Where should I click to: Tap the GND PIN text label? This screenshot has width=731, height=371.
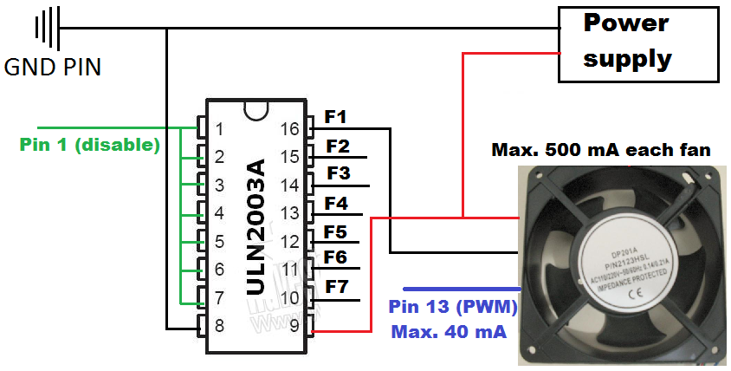click(x=53, y=67)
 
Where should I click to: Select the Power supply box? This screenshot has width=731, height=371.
click(x=637, y=43)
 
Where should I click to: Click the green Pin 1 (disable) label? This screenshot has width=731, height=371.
click(x=90, y=145)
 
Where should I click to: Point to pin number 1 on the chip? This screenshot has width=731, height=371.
click(x=219, y=130)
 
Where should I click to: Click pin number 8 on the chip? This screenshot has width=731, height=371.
click(x=219, y=327)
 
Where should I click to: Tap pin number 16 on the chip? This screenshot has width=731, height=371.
click(x=289, y=130)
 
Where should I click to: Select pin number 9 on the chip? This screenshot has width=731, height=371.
click(x=294, y=327)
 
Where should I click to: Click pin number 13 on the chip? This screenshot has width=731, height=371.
click(x=289, y=213)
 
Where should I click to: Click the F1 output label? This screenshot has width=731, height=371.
click(x=336, y=117)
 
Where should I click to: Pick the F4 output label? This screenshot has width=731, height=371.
click(x=336, y=205)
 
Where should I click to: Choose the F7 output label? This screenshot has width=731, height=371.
click(x=336, y=286)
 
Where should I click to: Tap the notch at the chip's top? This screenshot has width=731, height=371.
click(x=255, y=108)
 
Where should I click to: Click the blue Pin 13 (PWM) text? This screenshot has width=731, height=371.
click(x=453, y=307)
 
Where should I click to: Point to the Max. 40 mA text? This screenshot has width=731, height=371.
click(x=449, y=331)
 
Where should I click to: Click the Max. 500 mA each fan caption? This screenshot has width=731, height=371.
click(x=601, y=150)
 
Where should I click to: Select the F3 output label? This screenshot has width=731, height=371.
click(x=339, y=173)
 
